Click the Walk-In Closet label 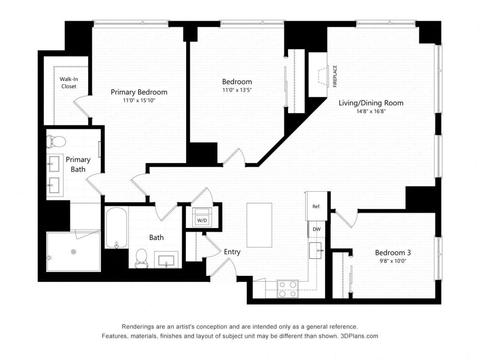pyautogui.click(x=68, y=83)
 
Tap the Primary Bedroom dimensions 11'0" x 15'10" pyautogui.click(x=139, y=100)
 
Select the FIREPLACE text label pyautogui.click(x=335, y=76)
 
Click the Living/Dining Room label pyautogui.click(x=371, y=103)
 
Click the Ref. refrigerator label pyautogui.click(x=316, y=206)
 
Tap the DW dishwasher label pyautogui.click(x=316, y=230)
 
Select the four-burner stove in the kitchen pyautogui.click(x=288, y=289)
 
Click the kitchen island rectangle pyautogui.click(x=259, y=225)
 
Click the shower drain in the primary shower pyautogui.click(x=73, y=252)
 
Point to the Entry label pyautogui.click(x=232, y=252)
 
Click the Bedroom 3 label pyautogui.click(x=393, y=252)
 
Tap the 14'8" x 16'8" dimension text pyautogui.click(x=371, y=112)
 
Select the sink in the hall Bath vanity pyautogui.click(x=166, y=260)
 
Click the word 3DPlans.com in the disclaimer pyautogui.click(x=359, y=336)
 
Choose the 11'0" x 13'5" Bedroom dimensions pyautogui.click(x=237, y=90)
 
